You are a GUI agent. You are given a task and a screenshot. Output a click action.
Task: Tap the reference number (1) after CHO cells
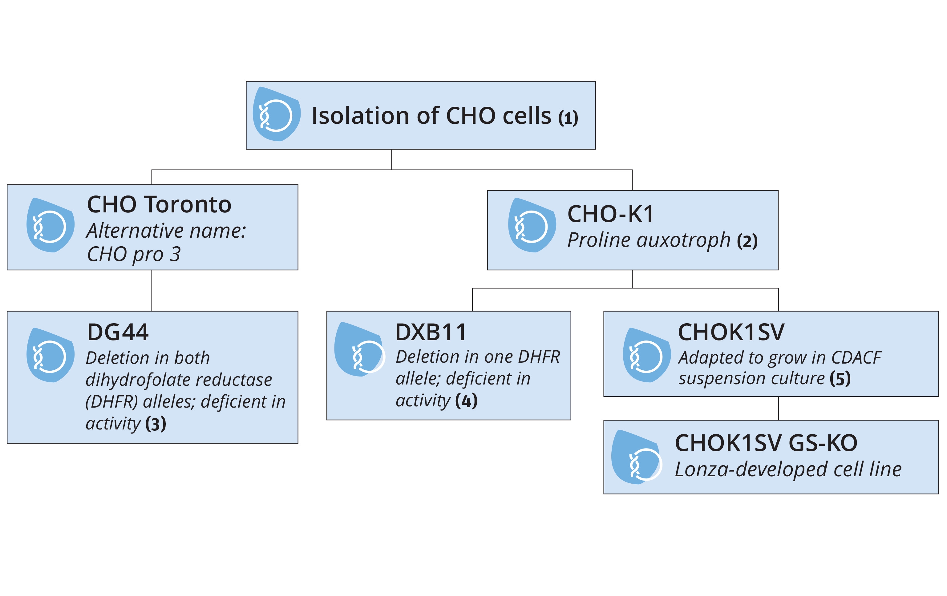(x=568, y=118)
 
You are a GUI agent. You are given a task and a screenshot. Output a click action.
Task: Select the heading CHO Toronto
(x=159, y=204)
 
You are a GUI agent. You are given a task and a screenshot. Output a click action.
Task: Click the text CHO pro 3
(x=134, y=254)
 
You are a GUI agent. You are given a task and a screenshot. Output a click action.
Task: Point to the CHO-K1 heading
(x=610, y=214)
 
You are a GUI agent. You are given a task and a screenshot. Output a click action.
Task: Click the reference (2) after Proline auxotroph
(x=747, y=241)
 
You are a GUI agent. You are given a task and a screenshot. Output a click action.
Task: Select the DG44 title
(x=118, y=332)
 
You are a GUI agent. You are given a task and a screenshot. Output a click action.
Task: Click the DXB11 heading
(x=430, y=332)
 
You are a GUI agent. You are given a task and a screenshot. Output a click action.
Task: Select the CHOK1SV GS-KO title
(x=766, y=443)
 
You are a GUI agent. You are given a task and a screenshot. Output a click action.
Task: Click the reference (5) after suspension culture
(x=840, y=379)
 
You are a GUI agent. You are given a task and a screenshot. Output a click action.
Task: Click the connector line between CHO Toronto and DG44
(x=152, y=291)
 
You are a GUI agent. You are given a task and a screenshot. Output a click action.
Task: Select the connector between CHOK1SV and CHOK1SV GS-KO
(x=778, y=408)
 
